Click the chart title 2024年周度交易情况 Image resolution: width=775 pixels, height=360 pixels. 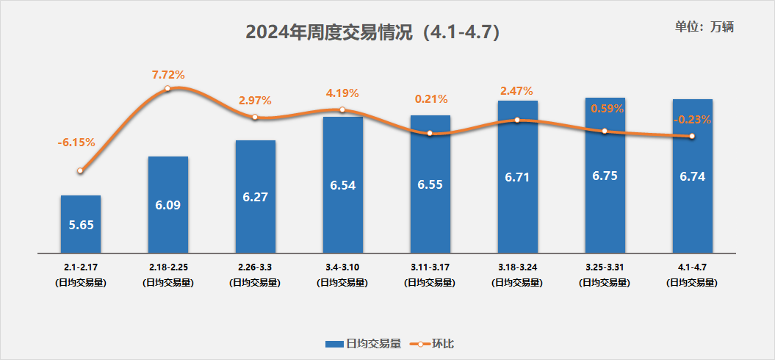point(374,32)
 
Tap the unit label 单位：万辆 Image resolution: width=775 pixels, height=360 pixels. point(704,26)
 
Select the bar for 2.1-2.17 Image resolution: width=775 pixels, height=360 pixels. point(81,224)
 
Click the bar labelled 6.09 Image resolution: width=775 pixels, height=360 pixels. point(168,204)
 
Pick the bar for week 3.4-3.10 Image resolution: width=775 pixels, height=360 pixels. point(343,184)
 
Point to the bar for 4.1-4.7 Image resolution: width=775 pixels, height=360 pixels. point(693,176)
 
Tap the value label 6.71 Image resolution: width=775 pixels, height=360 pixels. point(518,177)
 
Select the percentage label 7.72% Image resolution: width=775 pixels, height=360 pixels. point(168,74)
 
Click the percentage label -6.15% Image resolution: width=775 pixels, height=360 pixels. point(76,143)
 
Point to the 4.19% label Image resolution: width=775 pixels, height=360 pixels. point(342,93)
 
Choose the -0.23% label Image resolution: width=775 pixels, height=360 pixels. point(692,119)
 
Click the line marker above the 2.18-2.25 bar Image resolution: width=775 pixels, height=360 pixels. point(168,88)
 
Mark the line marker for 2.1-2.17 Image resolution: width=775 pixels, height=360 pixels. point(80,170)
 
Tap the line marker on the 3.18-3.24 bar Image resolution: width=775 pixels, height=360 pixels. point(518,120)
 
